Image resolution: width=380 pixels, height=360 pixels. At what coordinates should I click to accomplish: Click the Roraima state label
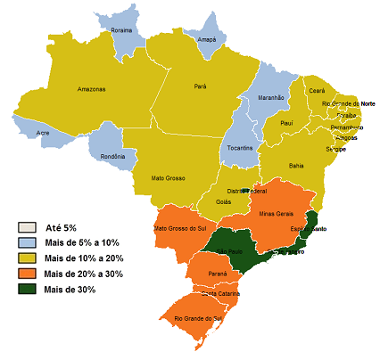121,30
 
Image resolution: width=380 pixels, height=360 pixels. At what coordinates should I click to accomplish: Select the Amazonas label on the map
91,89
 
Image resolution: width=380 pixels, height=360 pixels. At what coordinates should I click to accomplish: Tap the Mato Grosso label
168,178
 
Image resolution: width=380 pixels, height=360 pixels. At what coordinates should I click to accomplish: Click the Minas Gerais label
277,215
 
